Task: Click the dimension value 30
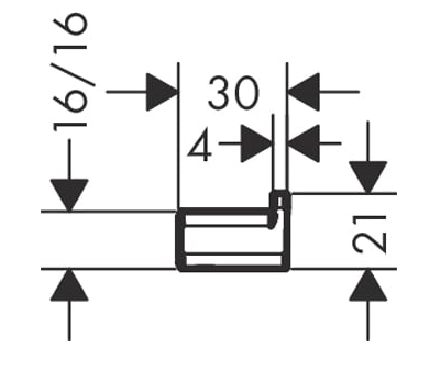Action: [x=234, y=92]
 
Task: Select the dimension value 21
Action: [x=369, y=234]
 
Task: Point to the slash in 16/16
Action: [x=73, y=74]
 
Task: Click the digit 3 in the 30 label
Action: [x=220, y=93]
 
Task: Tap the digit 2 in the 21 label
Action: [x=369, y=242]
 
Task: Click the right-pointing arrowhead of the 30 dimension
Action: [x=162, y=92]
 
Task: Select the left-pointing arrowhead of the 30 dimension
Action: [x=304, y=92]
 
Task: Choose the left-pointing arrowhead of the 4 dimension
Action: [x=304, y=143]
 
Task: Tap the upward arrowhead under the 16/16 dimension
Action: [x=69, y=284]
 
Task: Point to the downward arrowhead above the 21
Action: [x=368, y=177]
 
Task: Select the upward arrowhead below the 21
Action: [x=368, y=284]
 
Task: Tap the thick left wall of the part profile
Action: [x=180, y=240]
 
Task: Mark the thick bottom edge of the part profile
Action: [x=233, y=269]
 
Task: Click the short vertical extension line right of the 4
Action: [x=273, y=152]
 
